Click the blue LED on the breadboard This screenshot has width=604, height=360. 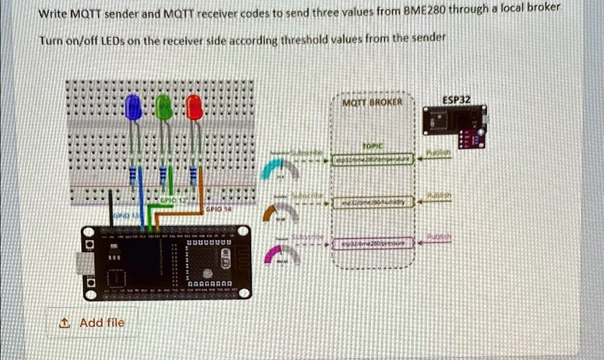[x=133, y=107]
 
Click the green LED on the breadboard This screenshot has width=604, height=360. [x=164, y=107]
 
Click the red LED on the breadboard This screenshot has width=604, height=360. [x=194, y=107]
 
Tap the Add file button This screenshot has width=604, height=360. [x=93, y=322]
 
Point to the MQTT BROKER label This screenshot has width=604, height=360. [x=372, y=102]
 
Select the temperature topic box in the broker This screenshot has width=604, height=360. [x=374, y=161]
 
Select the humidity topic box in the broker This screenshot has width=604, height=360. [x=374, y=202]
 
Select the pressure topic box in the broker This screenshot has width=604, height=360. [x=374, y=243]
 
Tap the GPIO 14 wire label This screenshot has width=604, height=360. [x=214, y=209]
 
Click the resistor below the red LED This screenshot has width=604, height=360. [x=193, y=175]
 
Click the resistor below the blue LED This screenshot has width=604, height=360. [x=133, y=175]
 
